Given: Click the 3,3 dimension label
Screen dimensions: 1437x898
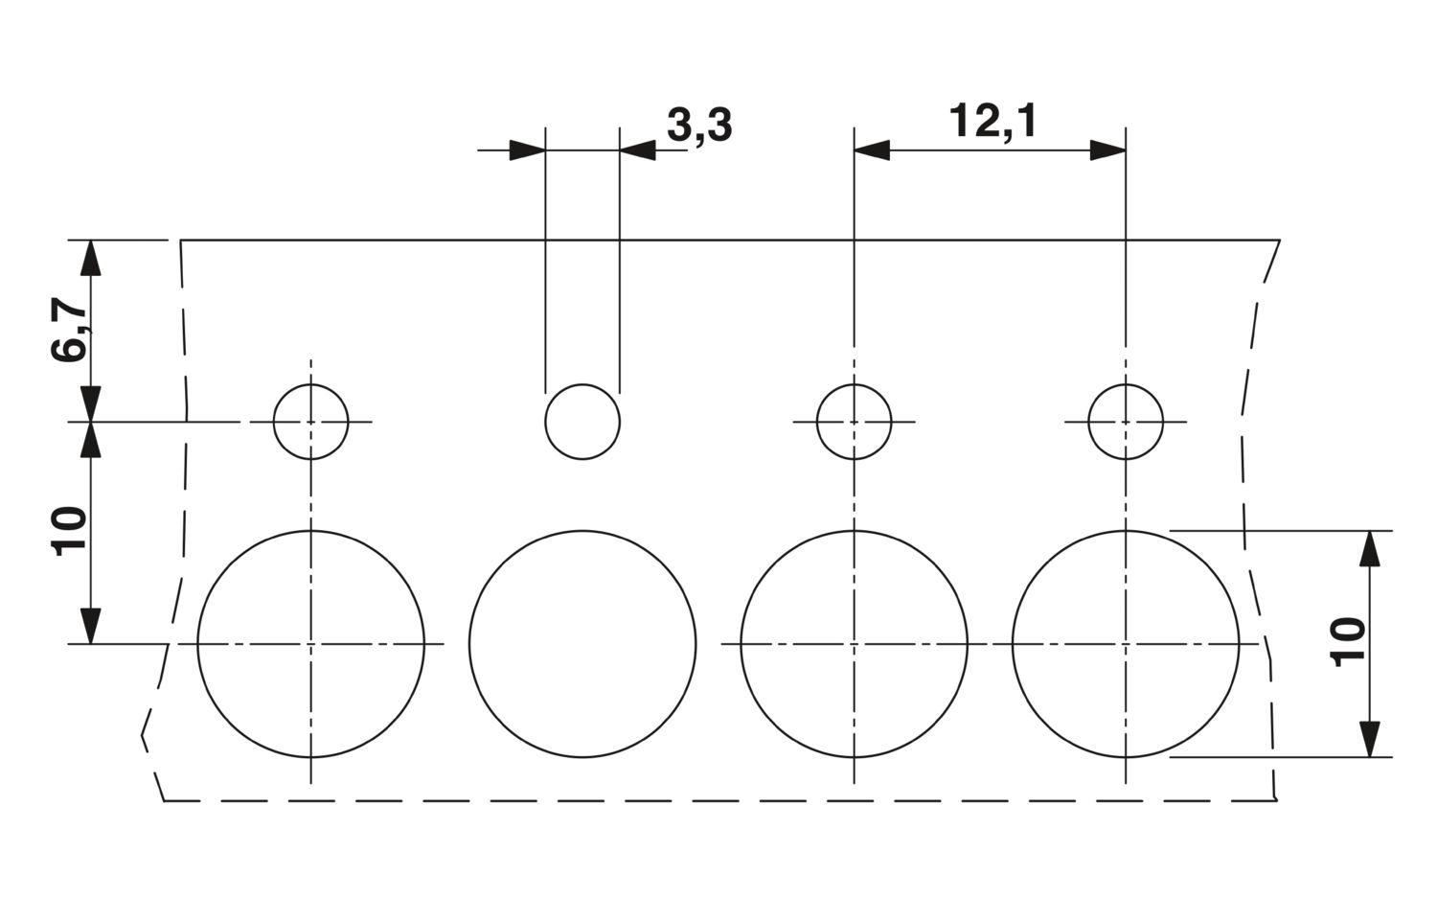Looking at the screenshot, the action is [699, 126].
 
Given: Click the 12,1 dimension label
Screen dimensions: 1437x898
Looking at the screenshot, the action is [992, 122].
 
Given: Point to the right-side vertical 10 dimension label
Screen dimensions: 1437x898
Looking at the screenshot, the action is [1349, 642].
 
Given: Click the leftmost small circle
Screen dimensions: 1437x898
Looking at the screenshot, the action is [274, 422].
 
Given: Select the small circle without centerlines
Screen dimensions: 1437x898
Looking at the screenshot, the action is [545, 422].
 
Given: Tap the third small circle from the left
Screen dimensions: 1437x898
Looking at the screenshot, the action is [816, 422].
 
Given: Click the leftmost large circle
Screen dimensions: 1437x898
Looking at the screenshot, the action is [197, 644].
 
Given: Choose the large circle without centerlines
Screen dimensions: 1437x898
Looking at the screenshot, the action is [469, 644].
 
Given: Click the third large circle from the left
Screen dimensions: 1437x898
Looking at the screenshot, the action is [741, 644].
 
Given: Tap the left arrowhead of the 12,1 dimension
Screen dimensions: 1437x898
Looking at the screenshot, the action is [872, 150].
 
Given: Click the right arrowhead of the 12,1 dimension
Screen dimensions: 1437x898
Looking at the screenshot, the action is [1107, 150].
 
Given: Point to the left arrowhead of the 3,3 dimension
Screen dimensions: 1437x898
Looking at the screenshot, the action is [527, 150].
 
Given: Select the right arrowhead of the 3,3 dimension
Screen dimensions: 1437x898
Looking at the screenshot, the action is [638, 150].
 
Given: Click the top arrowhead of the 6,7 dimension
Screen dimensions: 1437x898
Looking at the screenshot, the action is [90, 258].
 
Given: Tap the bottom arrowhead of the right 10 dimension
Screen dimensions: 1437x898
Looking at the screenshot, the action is [1370, 740].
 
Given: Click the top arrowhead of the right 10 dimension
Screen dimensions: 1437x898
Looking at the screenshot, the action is [1370, 549].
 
